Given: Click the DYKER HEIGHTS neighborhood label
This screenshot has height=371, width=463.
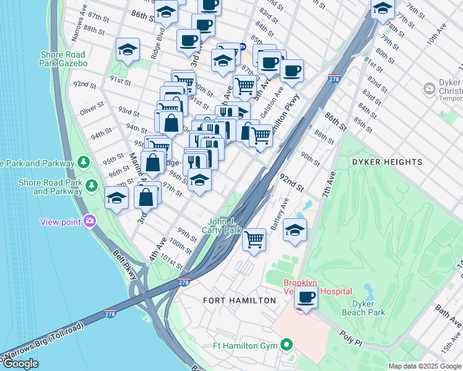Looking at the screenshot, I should point(387,162).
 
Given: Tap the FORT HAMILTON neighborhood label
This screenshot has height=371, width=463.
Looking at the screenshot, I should point(240,301).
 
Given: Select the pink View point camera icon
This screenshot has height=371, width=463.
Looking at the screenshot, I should point(90,221).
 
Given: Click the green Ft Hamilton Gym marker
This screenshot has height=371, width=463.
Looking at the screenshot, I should point(287,344).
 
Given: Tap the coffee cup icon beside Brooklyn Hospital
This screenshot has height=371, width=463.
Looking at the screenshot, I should point(305,297).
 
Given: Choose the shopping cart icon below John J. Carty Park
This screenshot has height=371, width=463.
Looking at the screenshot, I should point(254,239).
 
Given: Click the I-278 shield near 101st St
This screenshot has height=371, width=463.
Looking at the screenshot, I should point(183,282).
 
